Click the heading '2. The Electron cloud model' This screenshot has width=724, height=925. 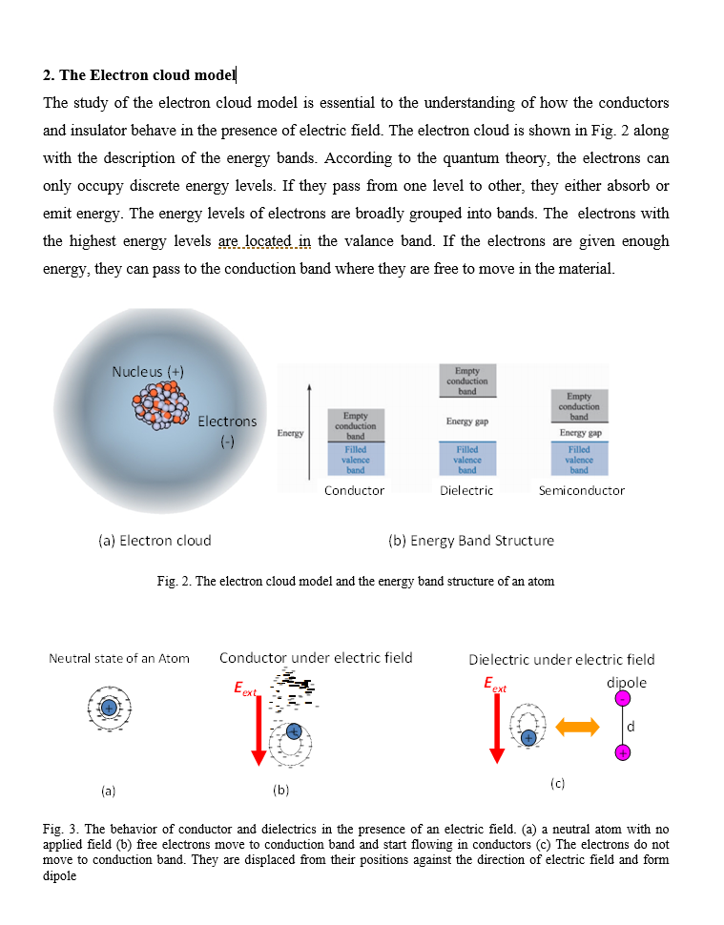pyautogui.click(x=139, y=75)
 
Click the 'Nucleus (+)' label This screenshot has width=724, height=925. pyautogui.click(x=148, y=371)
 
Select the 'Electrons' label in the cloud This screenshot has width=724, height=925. pyautogui.click(x=227, y=421)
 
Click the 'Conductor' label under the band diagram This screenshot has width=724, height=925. pyautogui.click(x=354, y=490)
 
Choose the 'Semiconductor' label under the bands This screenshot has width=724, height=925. pyautogui.click(x=581, y=490)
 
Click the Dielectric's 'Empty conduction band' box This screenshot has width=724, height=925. pyautogui.click(x=467, y=380)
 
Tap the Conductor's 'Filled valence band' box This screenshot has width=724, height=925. pyautogui.click(x=355, y=459)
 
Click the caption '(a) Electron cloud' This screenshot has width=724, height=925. pyautogui.click(x=155, y=541)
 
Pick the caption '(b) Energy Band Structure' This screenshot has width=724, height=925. pyautogui.click(x=471, y=541)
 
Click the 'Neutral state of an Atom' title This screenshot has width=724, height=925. pyautogui.click(x=119, y=658)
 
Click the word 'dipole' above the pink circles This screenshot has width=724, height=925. pyautogui.click(x=626, y=683)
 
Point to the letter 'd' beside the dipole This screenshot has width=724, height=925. pyautogui.click(x=631, y=728)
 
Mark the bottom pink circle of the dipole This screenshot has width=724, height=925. pyautogui.click(x=622, y=753)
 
